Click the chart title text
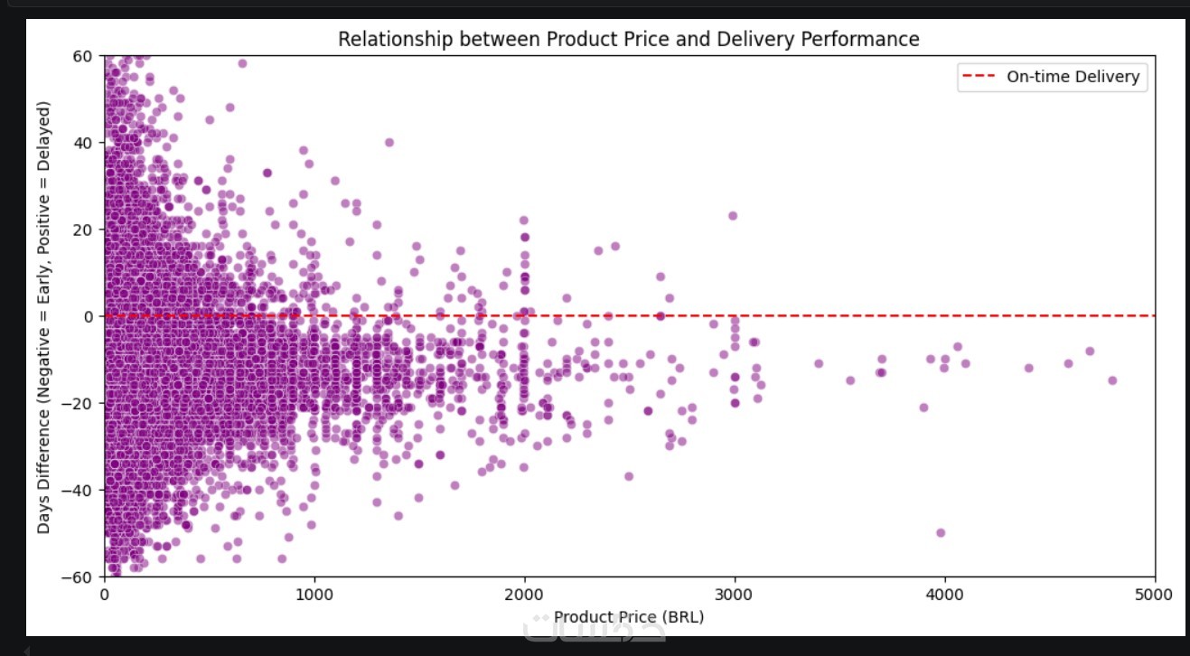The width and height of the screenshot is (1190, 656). [x=628, y=39]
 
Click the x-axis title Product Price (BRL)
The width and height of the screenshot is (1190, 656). [x=628, y=616]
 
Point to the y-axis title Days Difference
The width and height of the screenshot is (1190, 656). [x=43, y=316]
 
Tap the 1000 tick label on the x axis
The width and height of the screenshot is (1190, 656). [x=314, y=595]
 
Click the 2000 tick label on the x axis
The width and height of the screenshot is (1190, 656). [x=524, y=595]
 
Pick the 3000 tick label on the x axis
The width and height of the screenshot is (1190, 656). [x=735, y=595]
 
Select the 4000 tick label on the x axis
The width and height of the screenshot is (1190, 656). [x=944, y=595]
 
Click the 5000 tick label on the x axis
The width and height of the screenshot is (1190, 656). [x=1155, y=595]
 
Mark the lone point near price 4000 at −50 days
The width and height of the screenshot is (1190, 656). [x=941, y=533]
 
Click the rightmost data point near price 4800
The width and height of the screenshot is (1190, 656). [x=1112, y=380]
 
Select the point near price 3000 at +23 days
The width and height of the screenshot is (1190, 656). [x=733, y=216]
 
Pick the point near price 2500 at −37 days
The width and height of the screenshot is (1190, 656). [x=629, y=476]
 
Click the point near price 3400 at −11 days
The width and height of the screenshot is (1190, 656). [x=819, y=363]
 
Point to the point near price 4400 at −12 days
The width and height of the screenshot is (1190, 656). [x=1028, y=368]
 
